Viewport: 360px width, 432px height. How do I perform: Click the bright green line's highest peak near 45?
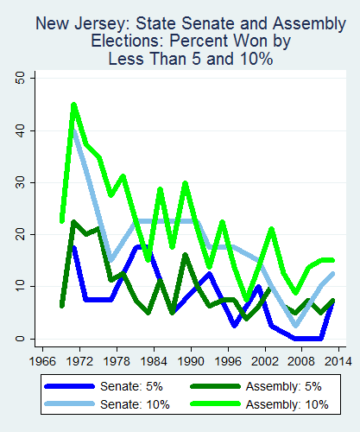(x=73, y=105)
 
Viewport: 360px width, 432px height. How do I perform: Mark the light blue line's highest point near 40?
(x=74, y=132)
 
